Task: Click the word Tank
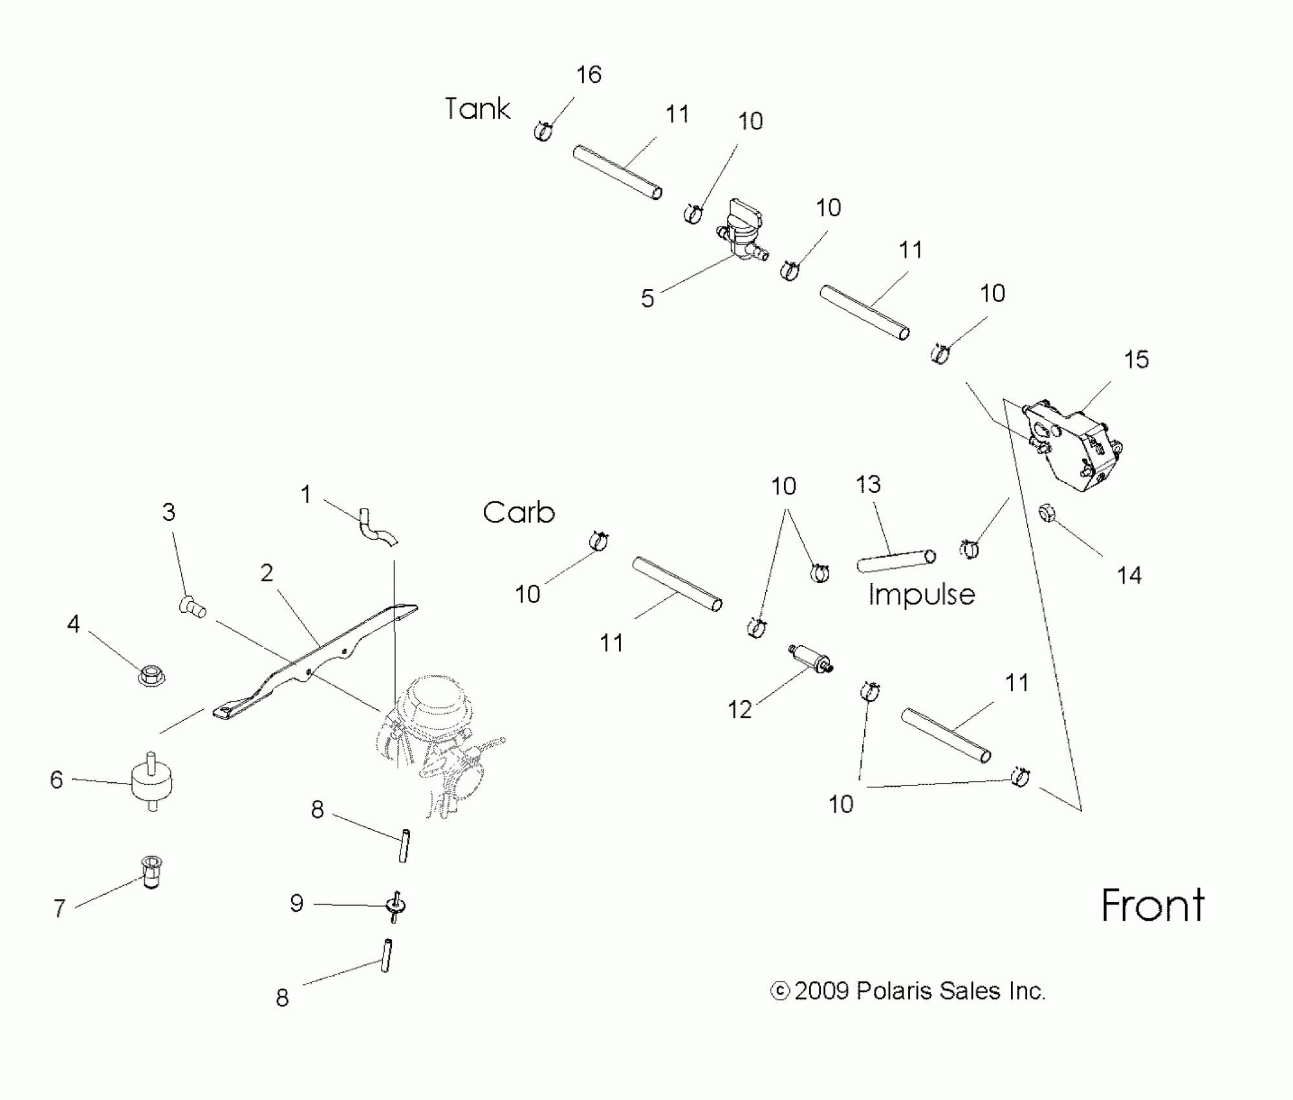click(477, 109)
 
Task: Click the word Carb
click(519, 512)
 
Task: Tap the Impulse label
click(921, 594)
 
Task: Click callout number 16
click(589, 75)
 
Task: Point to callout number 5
click(647, 298)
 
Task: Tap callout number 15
click(1136, 360)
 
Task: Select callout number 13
click(868, 485)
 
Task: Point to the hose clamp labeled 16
click(544, 131)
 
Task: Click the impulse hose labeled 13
click(896, 560)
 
